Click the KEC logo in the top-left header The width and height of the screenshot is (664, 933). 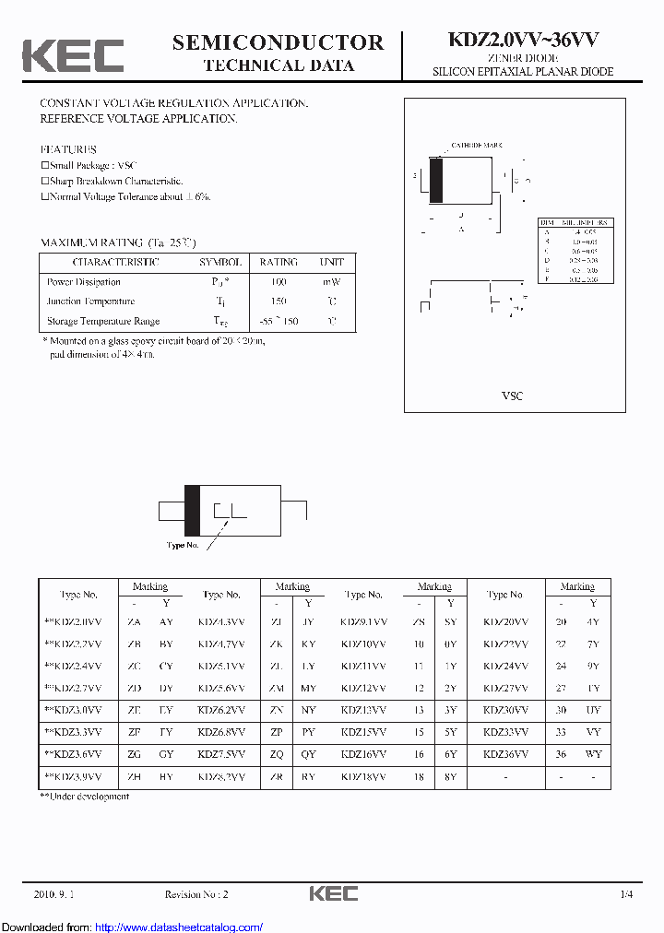pyautogui.click(x=73, y=55)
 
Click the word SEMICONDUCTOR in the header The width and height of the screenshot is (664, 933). pyautogui.click(x=278, y=42)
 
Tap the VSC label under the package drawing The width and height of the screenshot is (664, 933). pyautogui.click(x=512, y=396)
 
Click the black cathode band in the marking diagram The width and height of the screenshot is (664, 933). pyautogui.click(x=192, y=510)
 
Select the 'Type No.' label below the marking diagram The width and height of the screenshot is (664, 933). pyautogui.click(x=182, y=545)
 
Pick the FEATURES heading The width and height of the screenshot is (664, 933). pyautogui.click(x=68, y=149)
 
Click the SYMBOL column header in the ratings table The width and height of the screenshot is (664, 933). pyautogui.click(x=220, y=262)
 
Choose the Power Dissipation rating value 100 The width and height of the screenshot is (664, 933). pyautogui.click(x=279, y=282)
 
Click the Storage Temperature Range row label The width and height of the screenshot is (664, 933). pyautogui.click(x=103, y=321)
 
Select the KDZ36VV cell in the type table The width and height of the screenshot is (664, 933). pyautogui.click(x=505, y=754)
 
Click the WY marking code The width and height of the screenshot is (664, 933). pyautogui.click(x=594, y=754)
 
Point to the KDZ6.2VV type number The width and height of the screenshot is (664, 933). pyautogui.click(x=221, y=710)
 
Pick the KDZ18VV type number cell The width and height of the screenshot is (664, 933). pyautogui.click(x=363, y=777)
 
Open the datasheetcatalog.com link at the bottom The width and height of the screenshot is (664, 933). pyautogui.click(x=179, y=927)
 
